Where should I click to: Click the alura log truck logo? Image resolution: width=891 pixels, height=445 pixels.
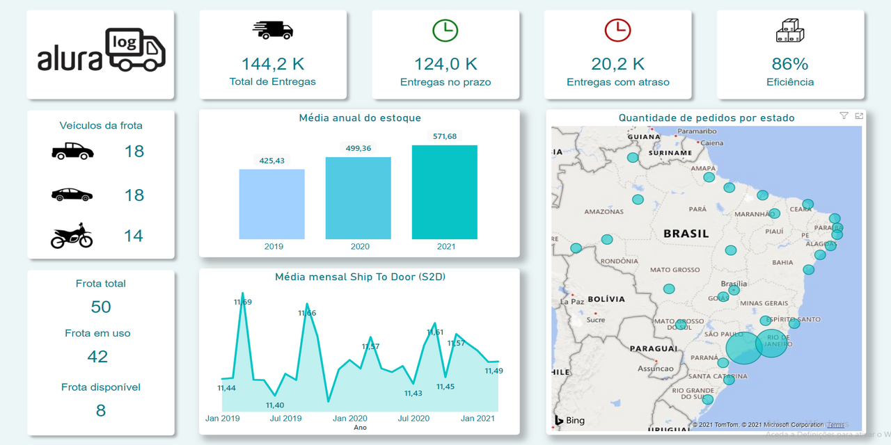tap(102, 50)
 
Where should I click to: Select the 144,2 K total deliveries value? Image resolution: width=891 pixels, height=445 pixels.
tap(272, 64)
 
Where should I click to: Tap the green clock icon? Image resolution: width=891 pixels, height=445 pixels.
tap(445, 30)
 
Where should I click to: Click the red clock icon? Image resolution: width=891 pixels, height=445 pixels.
tap(617, 30)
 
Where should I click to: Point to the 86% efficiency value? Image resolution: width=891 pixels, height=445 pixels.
tap(790, 64)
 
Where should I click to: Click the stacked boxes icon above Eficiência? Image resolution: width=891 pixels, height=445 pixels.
tap(790, 31)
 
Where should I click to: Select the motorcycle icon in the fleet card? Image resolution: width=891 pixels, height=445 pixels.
tap(72, 236)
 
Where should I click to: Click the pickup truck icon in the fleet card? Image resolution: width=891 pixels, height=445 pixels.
tap(72, 151)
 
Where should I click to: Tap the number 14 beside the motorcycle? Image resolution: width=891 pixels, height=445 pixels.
tap(134, 236)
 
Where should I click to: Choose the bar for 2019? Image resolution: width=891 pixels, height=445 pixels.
tap(271, 204)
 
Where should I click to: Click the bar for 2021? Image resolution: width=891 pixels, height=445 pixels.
tap(444, 192)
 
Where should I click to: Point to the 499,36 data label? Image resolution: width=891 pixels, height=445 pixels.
tap(358, 148)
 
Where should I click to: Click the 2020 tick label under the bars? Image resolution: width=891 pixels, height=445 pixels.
tap(360, 246)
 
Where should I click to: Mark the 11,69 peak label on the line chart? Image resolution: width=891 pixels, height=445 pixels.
tap(243, 302)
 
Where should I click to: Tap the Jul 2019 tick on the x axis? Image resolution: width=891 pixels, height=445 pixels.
tap(285, 419)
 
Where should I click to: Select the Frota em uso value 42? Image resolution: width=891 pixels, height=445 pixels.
tap(97, 357)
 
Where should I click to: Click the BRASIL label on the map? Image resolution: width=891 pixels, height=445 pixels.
tap(686, 234)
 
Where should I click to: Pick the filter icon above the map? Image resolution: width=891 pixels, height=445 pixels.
tap(844, 116)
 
